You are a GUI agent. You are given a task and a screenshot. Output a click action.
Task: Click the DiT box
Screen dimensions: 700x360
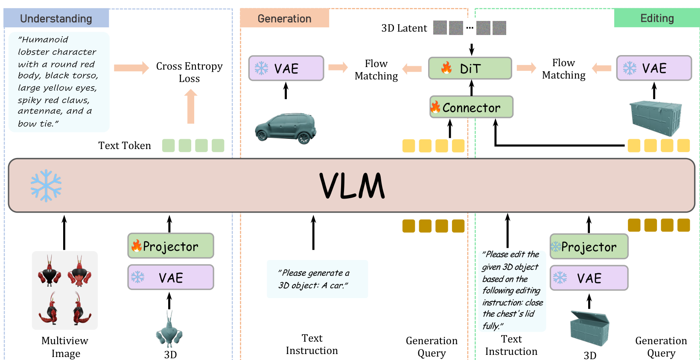pos(470,68)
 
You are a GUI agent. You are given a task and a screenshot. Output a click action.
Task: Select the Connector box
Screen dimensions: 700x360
pos(471,107)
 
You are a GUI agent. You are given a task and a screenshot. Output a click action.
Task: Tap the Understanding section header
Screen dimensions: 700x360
pos(56,18)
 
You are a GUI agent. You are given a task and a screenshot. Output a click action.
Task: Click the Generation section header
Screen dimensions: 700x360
pos(284,18)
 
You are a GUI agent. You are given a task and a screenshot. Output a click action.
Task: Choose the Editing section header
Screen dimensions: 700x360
pos(657,18)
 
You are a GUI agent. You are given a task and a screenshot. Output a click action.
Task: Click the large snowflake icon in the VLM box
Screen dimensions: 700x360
pos(46,185)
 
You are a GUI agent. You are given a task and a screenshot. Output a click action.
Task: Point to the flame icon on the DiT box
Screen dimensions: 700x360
pos(446,68)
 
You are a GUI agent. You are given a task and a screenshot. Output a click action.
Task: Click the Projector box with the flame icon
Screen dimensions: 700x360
pos(171,246)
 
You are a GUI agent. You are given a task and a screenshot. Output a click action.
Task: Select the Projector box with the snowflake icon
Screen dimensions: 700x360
pos(589,246)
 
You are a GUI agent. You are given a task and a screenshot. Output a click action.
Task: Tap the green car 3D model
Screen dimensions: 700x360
pos(286,128)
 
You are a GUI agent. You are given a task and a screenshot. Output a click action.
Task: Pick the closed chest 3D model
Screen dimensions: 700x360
pos(655,117)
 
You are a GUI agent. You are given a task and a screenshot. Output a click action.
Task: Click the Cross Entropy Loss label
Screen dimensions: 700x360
pos(190,72)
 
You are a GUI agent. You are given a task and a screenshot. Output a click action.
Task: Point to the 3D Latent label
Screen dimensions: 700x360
pos(404,28)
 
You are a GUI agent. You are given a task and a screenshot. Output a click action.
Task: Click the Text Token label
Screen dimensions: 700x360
pos(125,146)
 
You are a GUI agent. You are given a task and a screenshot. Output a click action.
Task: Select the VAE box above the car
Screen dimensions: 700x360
pos(286,68)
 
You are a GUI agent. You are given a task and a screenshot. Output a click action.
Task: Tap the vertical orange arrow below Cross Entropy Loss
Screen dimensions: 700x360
pos(191,106)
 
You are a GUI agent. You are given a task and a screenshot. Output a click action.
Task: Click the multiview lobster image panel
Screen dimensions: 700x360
pos(65,290)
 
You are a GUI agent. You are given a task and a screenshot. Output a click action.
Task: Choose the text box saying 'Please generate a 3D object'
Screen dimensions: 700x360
pos(317,279)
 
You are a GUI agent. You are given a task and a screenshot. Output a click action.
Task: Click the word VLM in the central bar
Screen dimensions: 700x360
pos(352,186)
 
